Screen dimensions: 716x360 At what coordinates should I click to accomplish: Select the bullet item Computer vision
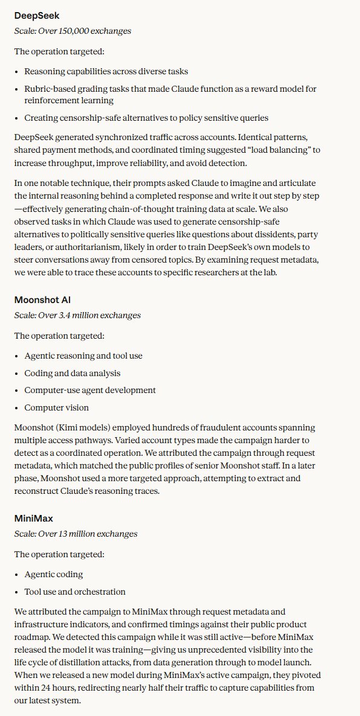pos(56,408)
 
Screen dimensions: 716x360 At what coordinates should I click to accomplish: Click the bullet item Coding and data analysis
pos(72,373)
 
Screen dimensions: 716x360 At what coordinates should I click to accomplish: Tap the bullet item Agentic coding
pos(54,574)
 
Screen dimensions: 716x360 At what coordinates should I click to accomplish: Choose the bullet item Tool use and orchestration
pos(75,592)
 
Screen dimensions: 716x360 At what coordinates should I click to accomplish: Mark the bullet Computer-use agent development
pos(90,391)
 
